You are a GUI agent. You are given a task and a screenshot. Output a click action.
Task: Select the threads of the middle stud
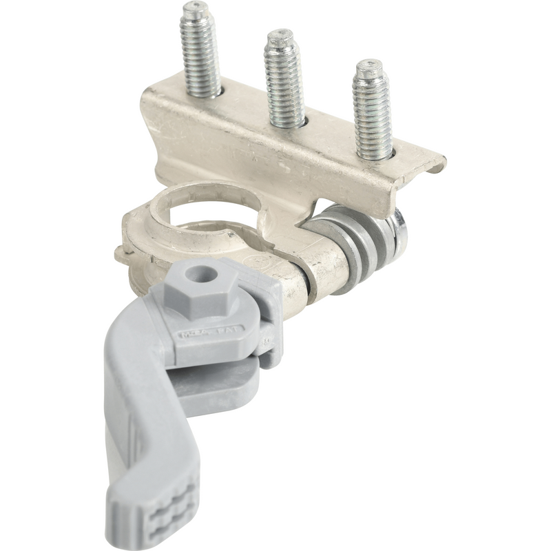284,83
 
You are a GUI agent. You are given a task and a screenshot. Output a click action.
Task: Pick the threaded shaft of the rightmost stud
373,114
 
